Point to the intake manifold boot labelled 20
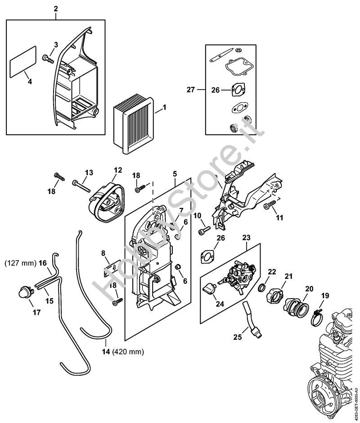tap(296, 307)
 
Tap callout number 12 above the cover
tap(117, 170)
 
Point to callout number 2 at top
tap(56, 9)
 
